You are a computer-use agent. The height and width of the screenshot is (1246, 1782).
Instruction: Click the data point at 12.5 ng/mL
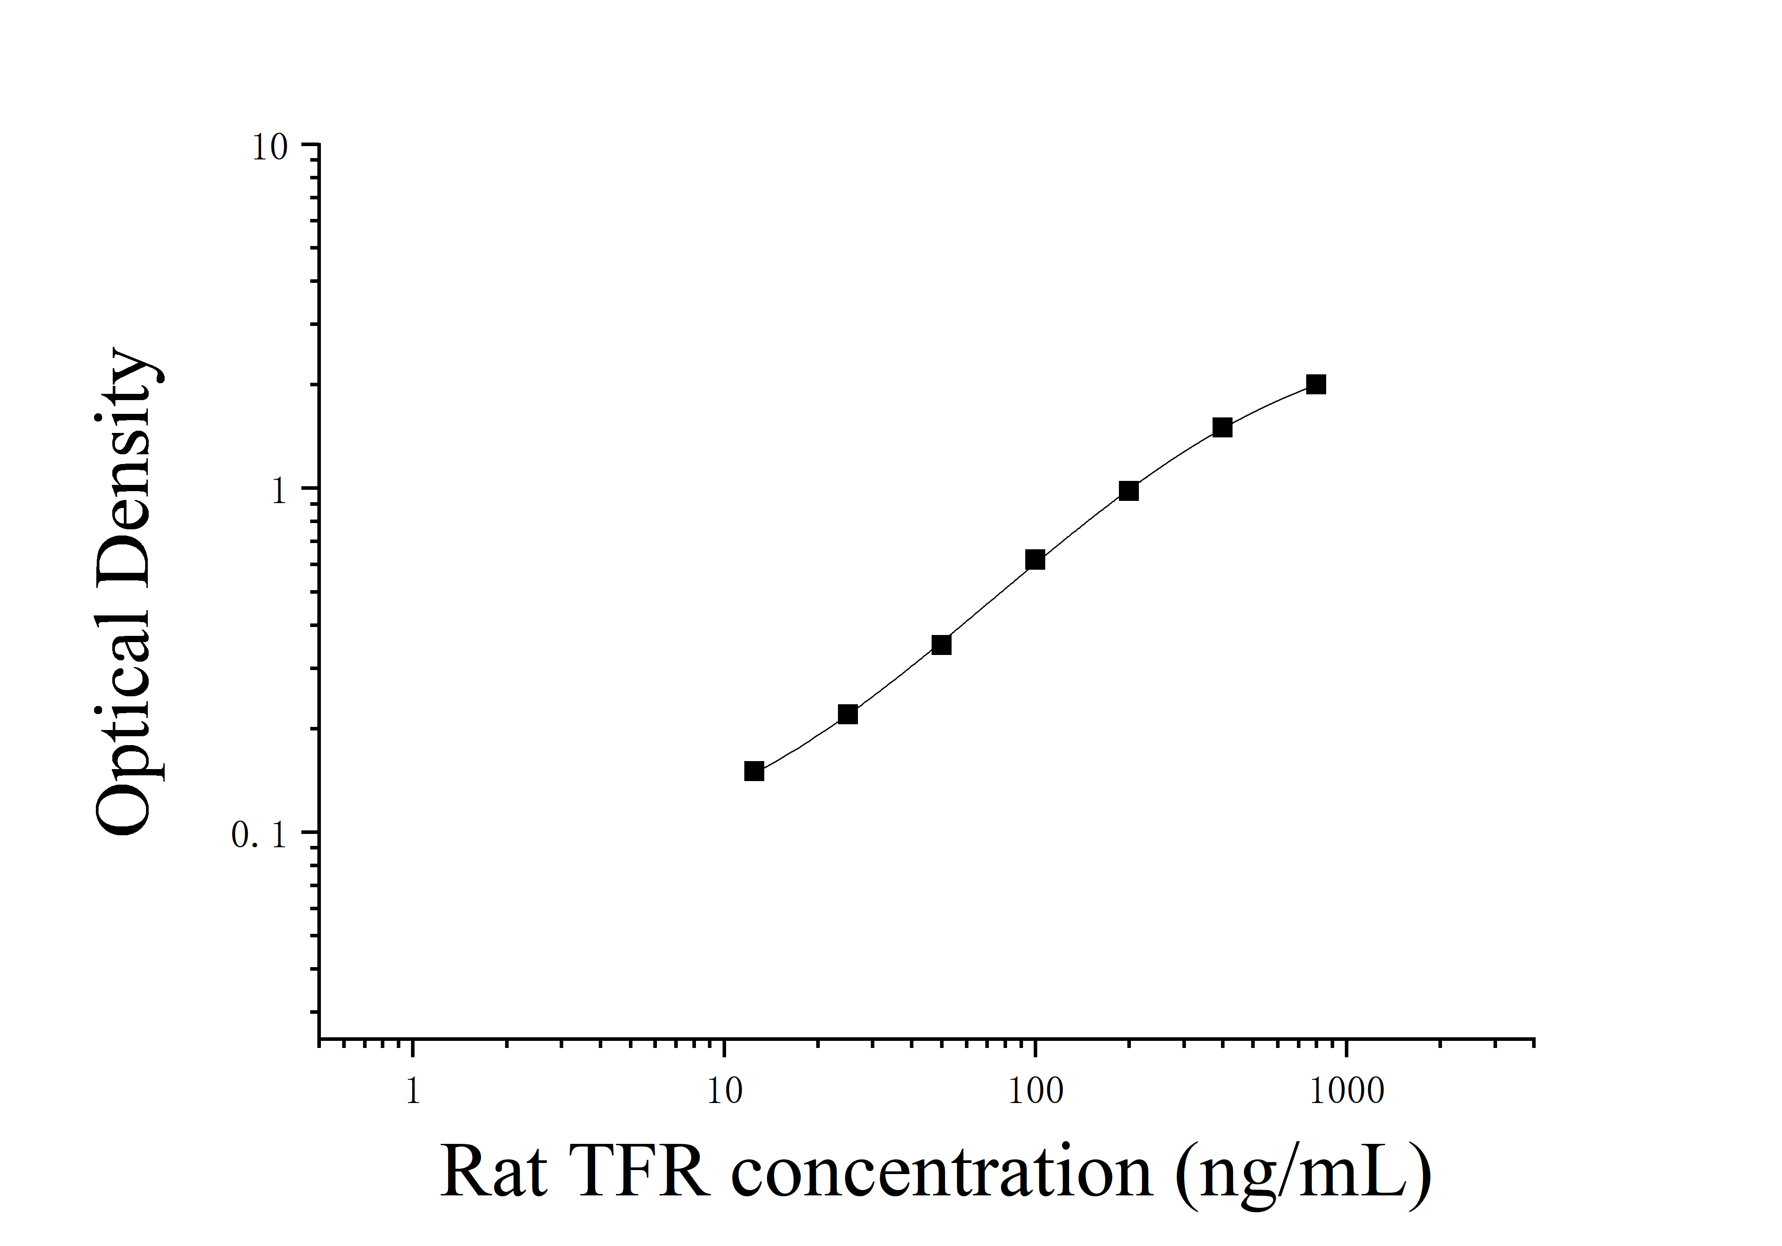click(754, 771)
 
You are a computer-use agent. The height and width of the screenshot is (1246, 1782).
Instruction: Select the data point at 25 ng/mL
click(848, 714)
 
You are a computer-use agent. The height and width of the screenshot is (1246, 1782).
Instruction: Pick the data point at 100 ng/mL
click(1035, 560)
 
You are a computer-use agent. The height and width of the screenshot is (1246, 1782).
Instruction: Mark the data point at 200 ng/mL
click(1129, 491)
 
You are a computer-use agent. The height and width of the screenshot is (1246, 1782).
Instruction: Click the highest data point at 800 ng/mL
click(1316, 384)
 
